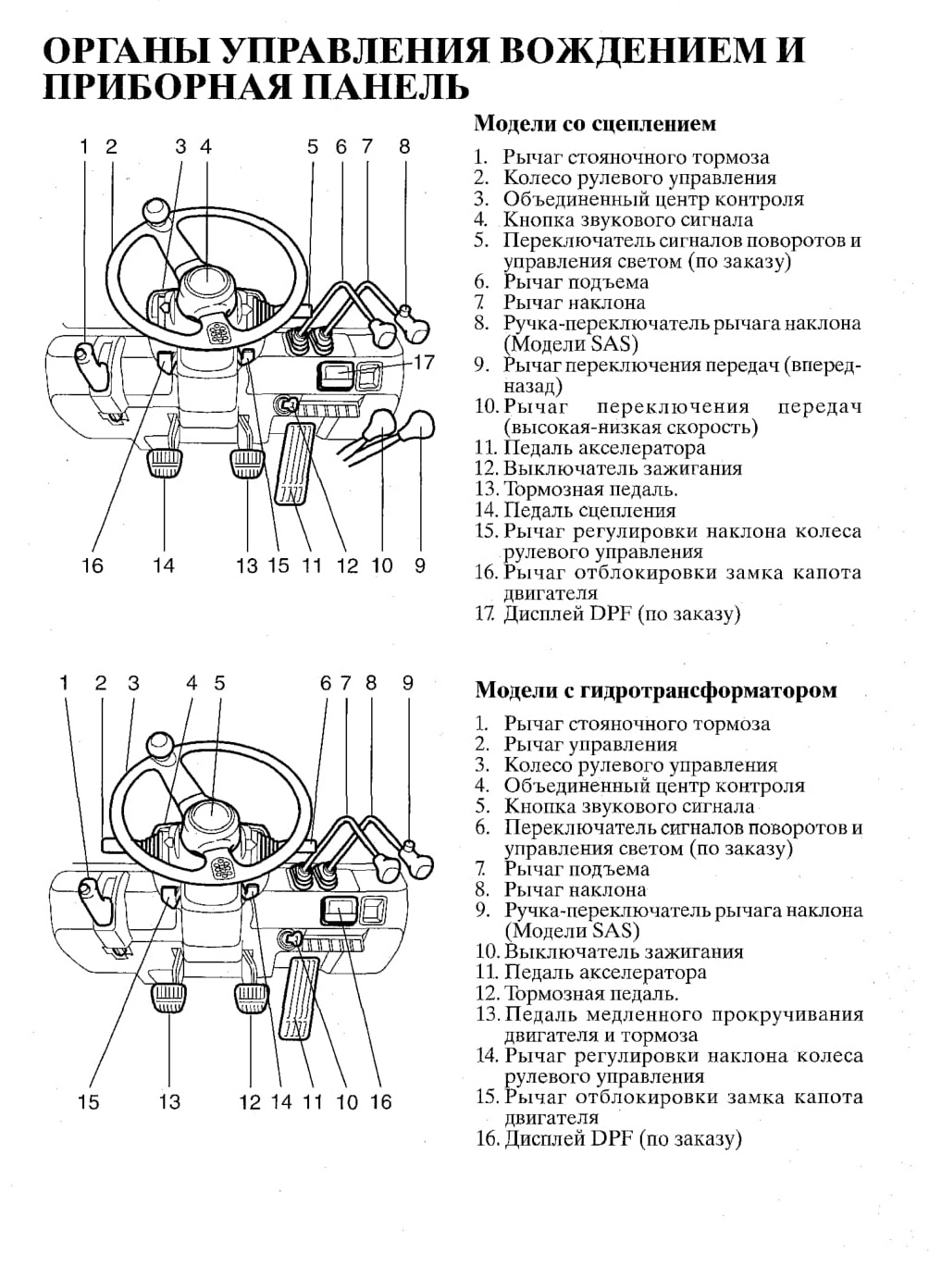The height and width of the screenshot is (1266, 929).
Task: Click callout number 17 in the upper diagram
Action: tap(423, 362)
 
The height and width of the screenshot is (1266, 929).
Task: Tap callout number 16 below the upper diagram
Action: tap(93, 565)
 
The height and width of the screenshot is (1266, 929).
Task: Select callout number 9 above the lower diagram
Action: tap(408, 683)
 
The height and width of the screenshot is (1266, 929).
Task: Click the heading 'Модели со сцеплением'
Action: tap(594, 124)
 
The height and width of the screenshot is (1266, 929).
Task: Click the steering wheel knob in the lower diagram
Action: tap(160, 747)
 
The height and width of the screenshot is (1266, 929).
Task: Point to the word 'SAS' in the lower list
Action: tap(614, 930)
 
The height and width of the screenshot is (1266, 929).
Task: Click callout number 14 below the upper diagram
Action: tap(164, 565)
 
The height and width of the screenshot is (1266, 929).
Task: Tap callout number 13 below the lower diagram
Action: tap(169, 1101)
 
